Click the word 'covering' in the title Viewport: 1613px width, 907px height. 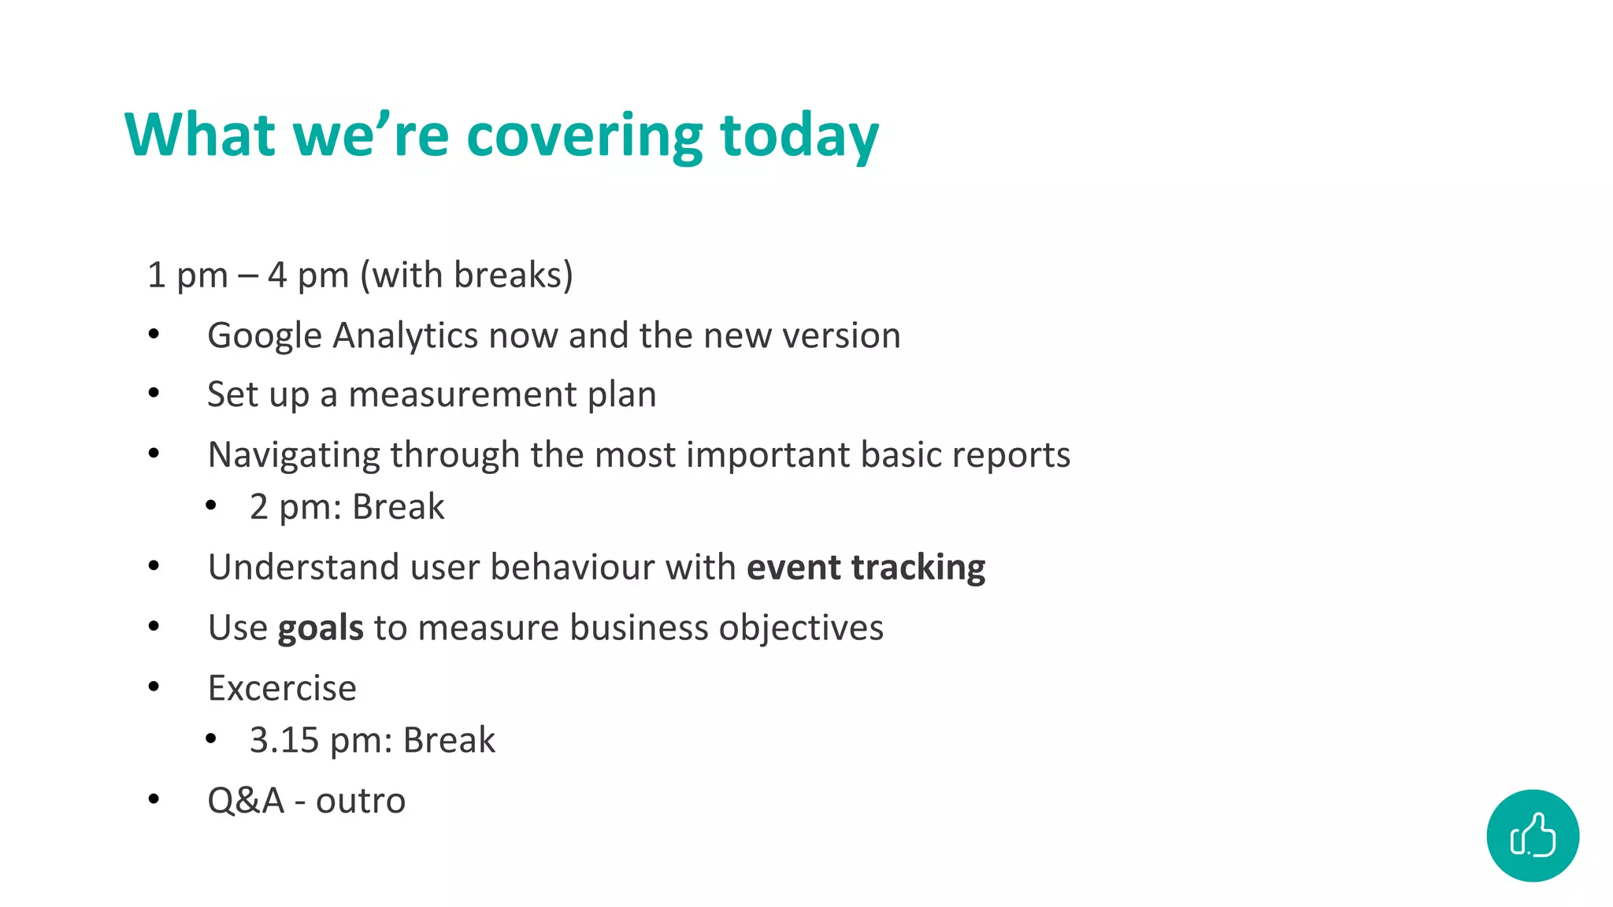tap(584, 135)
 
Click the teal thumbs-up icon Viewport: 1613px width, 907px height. tap(1532, 835)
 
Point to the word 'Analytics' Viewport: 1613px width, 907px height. tap(405, 336)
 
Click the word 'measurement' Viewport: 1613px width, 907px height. tap(462, 394)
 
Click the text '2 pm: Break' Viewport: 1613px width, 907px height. tap(347, 506)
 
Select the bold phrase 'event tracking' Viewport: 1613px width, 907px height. tap(866, 567)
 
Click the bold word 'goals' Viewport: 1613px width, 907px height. tap(321, 627)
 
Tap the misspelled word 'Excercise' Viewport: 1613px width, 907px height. tap(282, 688)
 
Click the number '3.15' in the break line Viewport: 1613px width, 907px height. tap(284, 740)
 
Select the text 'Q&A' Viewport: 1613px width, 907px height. tap(245, 801)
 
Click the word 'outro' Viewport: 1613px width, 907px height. tap(361, 801)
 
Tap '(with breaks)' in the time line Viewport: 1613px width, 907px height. tap(466, 276)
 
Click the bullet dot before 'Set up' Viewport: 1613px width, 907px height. tap(154, 392)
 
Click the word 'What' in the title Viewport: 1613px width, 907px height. tap(200, 135)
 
